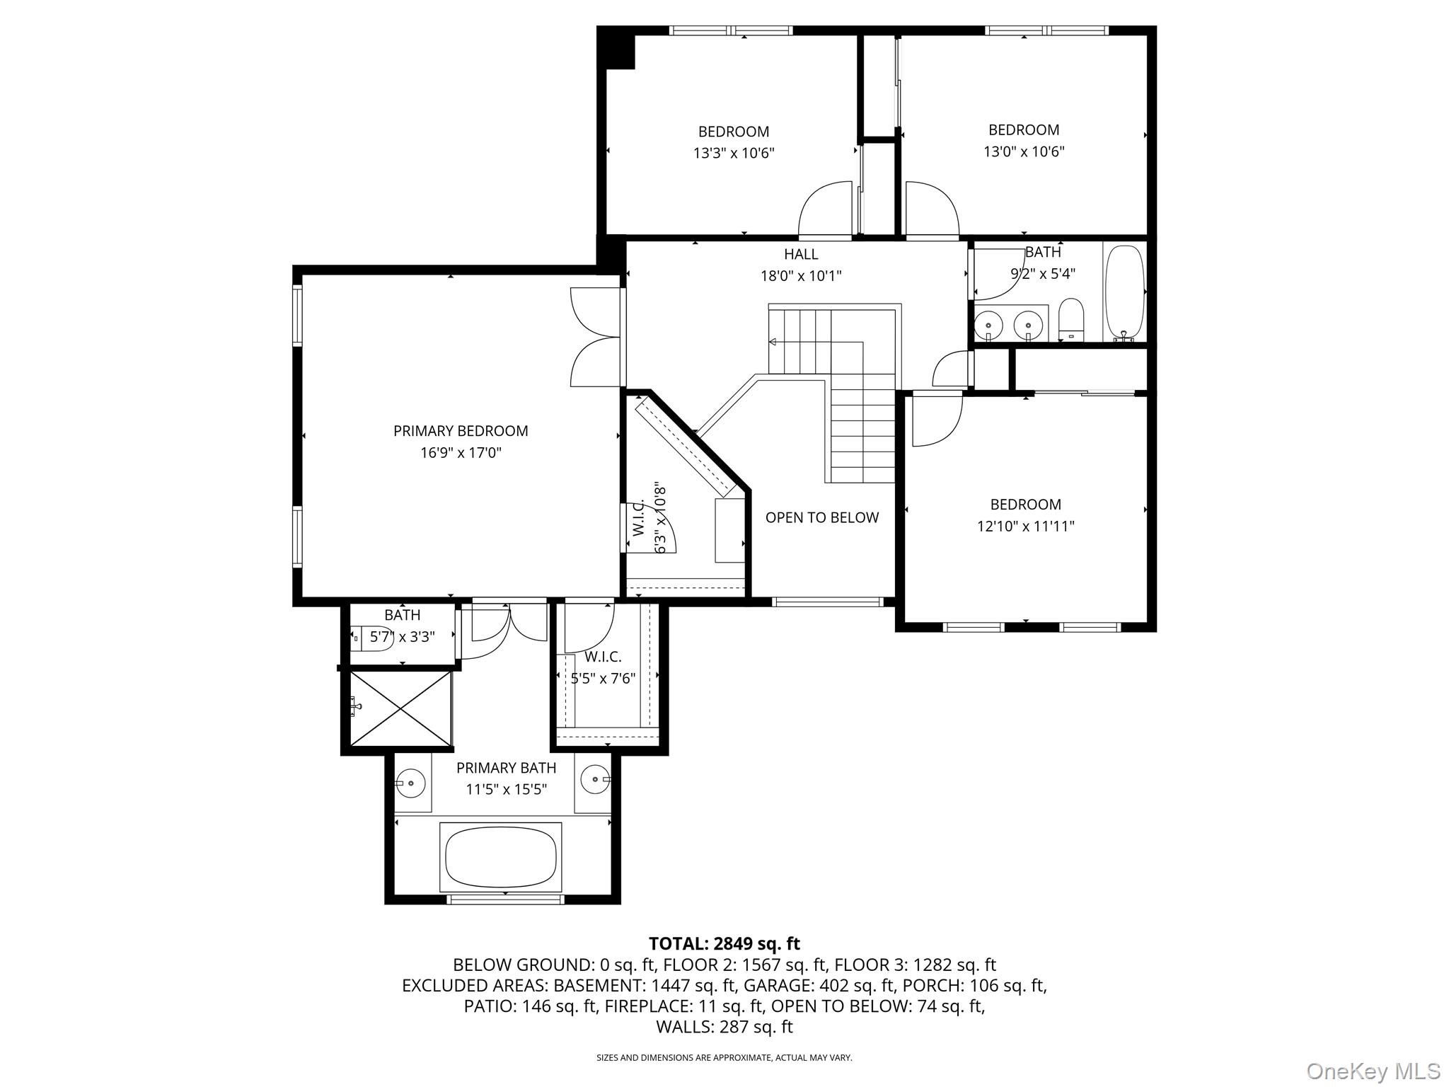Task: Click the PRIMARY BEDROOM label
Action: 461,431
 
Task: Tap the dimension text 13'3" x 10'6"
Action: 734,153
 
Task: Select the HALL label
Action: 801,255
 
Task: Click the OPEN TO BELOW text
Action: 821,518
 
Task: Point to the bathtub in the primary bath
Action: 501,857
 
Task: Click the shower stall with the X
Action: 400,709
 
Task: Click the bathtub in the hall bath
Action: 1124,292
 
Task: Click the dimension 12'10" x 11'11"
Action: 1025,527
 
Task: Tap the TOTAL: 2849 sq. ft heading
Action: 724,943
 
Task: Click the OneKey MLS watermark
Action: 1373,1071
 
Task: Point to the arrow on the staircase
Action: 773,343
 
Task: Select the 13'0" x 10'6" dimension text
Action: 1024,151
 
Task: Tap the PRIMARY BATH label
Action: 506,768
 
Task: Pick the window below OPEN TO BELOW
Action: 827,602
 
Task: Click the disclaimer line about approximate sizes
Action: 724,1058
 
